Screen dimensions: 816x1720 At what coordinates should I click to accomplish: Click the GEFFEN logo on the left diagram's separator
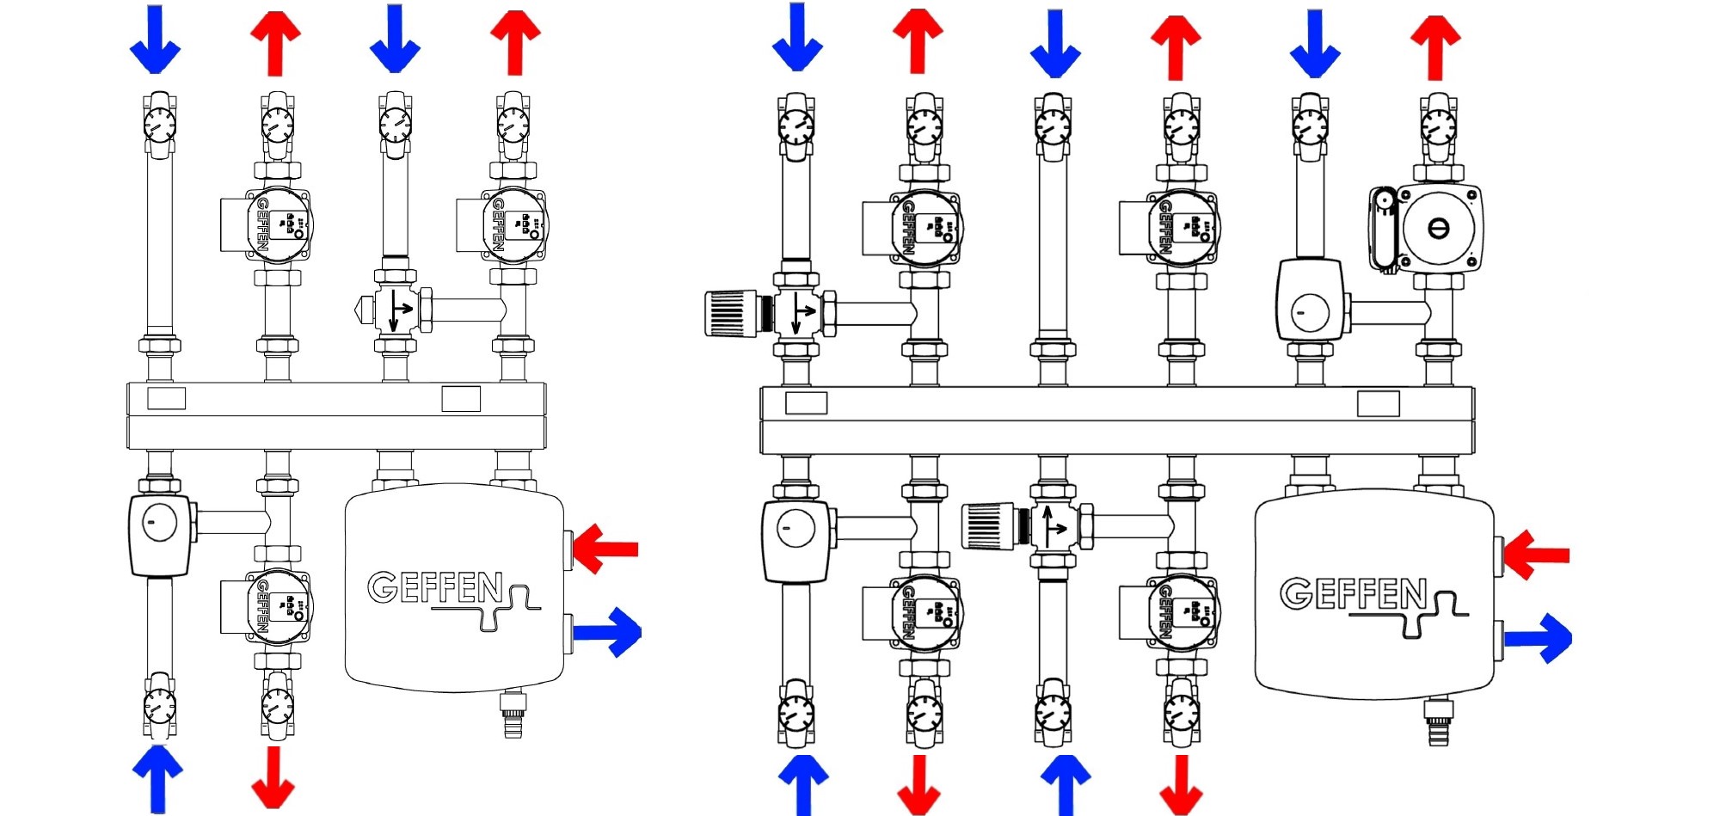pyautogui.click(x=436, y=588)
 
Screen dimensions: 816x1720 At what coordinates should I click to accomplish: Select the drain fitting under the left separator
pyautogui.click(x=513, y=713)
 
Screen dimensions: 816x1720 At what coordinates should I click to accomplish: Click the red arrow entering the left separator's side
pyautogui.click(x=605, y=548)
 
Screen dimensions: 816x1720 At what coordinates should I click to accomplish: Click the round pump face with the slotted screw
pyautogui.click(x=1439, y=228)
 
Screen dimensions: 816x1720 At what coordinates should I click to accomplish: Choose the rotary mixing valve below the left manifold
pyautogui.click(x=160, y=534)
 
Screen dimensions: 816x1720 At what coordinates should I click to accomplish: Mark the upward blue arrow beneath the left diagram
pyautogui.click(x=157, y=777)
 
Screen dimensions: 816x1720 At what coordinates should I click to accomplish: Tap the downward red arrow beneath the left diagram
pyautogui.click(x=273, y=778)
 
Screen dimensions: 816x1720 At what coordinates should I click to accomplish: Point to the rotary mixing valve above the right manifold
pyautogui.click(x=1309, y=300)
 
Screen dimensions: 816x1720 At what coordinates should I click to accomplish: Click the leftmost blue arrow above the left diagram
pyautogui.click(x=155, y=40)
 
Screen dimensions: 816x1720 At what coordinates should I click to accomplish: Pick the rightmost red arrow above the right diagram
pyautogui.click(x=1434, y=46)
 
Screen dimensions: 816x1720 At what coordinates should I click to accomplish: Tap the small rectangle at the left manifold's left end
pyautogui.click(x=166, y=398)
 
